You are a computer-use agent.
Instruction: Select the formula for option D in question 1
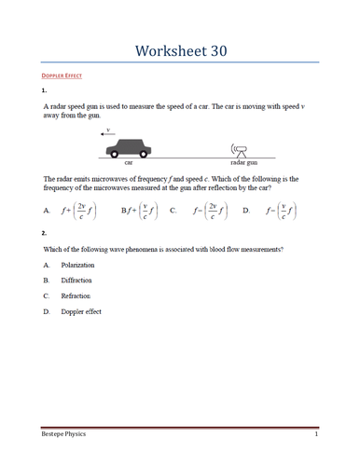(x=281, y=211)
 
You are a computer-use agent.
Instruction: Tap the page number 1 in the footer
(x=316, y=435)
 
